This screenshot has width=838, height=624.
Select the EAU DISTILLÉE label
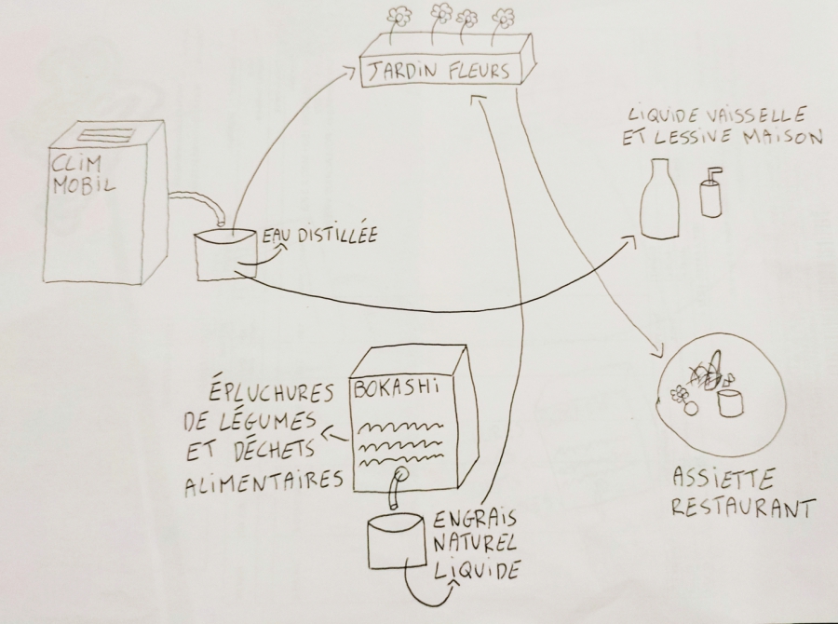click(x=318, y=237)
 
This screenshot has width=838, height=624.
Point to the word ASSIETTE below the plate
click(x=712, y=482)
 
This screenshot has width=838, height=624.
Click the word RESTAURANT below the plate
click(x=743, y=509)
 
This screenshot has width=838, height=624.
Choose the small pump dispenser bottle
click(x=710, y=193)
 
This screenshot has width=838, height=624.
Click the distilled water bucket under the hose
click(x=223, y=253)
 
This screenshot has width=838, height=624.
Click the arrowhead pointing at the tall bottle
click(x=633, y=240)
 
